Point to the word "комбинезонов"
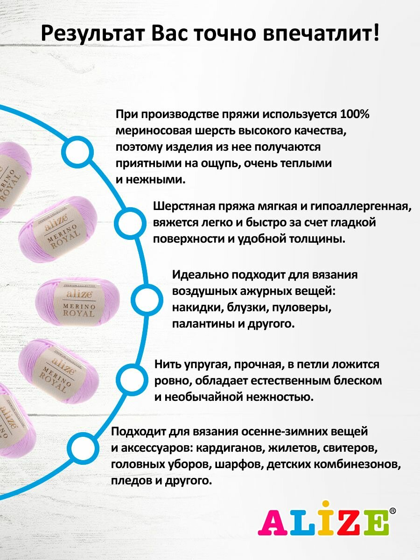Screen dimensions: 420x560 click(x=361, y=464)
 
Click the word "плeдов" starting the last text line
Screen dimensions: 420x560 click(x=129, y=480)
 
